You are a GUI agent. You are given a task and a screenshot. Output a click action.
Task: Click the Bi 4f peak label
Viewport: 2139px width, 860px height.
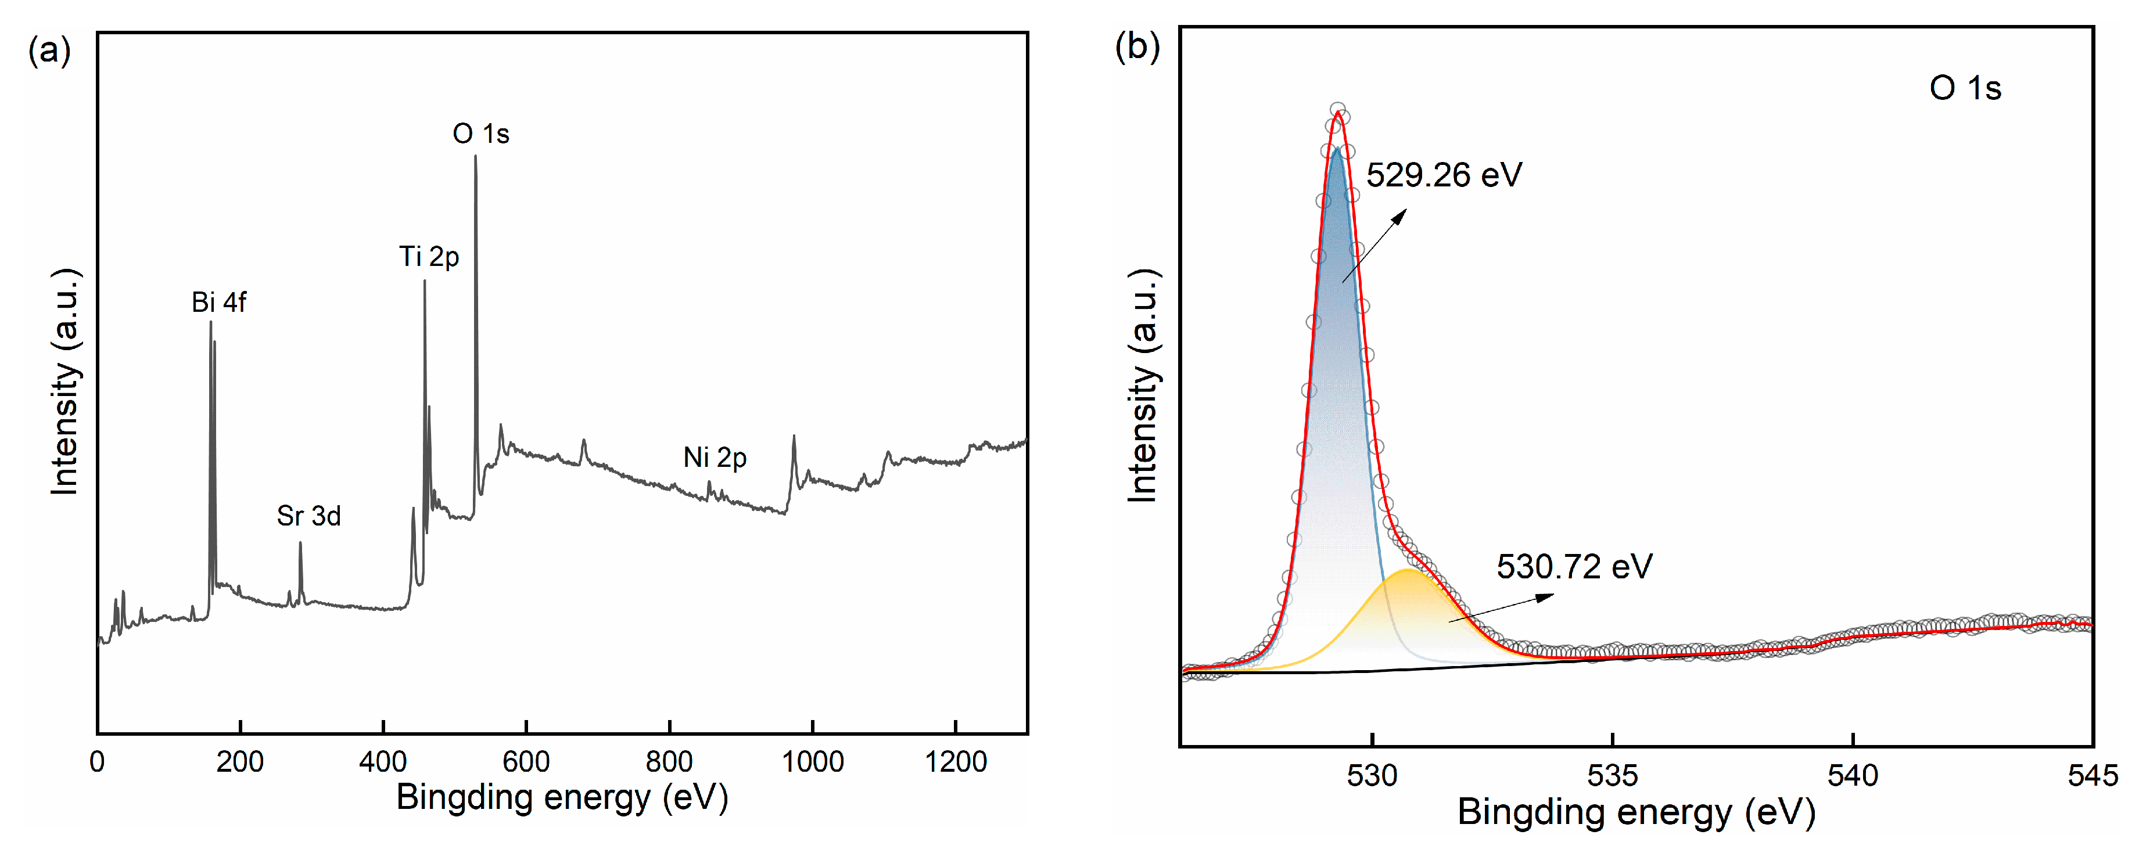point(218,302)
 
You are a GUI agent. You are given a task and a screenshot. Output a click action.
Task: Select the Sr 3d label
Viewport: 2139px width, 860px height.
point(309,516)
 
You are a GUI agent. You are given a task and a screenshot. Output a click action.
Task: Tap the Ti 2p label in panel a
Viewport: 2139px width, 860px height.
point(429,257)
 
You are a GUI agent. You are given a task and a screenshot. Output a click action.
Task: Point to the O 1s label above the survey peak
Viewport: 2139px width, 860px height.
point(481,134)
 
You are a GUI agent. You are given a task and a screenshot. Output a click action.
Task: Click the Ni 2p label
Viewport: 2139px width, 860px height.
point(715,458)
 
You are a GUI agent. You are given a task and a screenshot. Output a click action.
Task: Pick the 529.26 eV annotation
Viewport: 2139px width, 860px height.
point(1444,175)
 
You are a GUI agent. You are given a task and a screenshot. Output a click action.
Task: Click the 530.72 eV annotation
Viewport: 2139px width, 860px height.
point(1574,567)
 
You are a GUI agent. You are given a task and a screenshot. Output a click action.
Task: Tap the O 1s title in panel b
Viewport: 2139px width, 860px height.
point(1965,88)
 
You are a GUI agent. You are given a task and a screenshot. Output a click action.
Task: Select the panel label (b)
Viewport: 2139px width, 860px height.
point(1137,46)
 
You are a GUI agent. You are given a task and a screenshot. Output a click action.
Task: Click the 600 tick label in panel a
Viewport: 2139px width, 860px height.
point(526,762)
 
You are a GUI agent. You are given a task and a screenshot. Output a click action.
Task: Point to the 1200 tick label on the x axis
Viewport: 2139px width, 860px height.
point(956,762)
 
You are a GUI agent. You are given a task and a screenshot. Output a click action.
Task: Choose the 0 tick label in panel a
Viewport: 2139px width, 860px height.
point(97,762)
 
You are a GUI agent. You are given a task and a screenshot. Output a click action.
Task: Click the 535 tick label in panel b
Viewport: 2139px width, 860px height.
point(1613,775)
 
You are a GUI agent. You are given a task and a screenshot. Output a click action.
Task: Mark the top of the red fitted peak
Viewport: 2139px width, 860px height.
point(1337,114)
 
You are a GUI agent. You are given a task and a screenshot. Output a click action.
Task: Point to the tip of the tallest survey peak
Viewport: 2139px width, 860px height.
point(476,156)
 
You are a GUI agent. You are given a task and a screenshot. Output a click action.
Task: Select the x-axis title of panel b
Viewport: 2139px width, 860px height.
point(1636,812)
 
